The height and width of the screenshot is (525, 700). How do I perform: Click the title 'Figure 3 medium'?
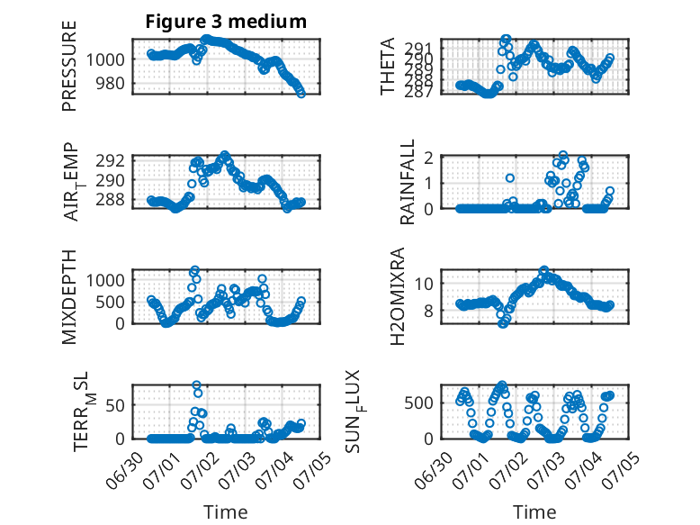[x=226, y=22]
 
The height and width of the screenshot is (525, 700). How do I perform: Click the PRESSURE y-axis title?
[x=69, y=66]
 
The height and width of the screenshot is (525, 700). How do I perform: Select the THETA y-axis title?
[x=388, y=66]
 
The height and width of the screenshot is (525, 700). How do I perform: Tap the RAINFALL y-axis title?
[x=408, y=182]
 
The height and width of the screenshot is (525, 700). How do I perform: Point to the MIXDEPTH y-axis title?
[x=69, y=297]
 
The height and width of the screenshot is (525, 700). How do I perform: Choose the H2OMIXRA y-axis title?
[x=397, y=296]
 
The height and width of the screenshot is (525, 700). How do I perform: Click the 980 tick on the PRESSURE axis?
[x=110, y=83]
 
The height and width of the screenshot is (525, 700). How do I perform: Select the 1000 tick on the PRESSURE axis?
[x=105, y=59]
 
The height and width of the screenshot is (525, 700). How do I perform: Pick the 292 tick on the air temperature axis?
[x=110, y=160]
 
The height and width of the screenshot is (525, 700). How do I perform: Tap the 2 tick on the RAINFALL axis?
[x=428, y=158]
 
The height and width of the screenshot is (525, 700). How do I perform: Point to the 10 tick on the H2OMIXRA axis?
[x=424, y=284]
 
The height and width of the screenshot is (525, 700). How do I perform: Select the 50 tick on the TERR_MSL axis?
[x=115, y=406]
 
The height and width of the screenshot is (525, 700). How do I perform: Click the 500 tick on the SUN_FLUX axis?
[x=418, y=403]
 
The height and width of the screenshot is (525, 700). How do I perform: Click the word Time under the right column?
[x=534, y=512]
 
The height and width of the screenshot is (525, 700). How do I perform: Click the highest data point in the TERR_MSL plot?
[x=196, y=385]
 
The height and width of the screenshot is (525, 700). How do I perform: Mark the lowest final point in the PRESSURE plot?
[x=301, y=94]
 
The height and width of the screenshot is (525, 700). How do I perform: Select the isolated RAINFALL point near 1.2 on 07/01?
[x=510, y=177]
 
